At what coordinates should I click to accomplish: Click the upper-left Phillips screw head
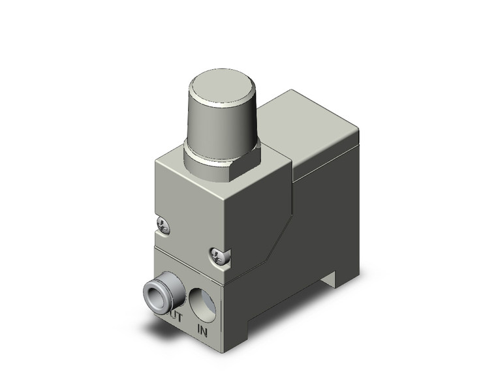(163, 224)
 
